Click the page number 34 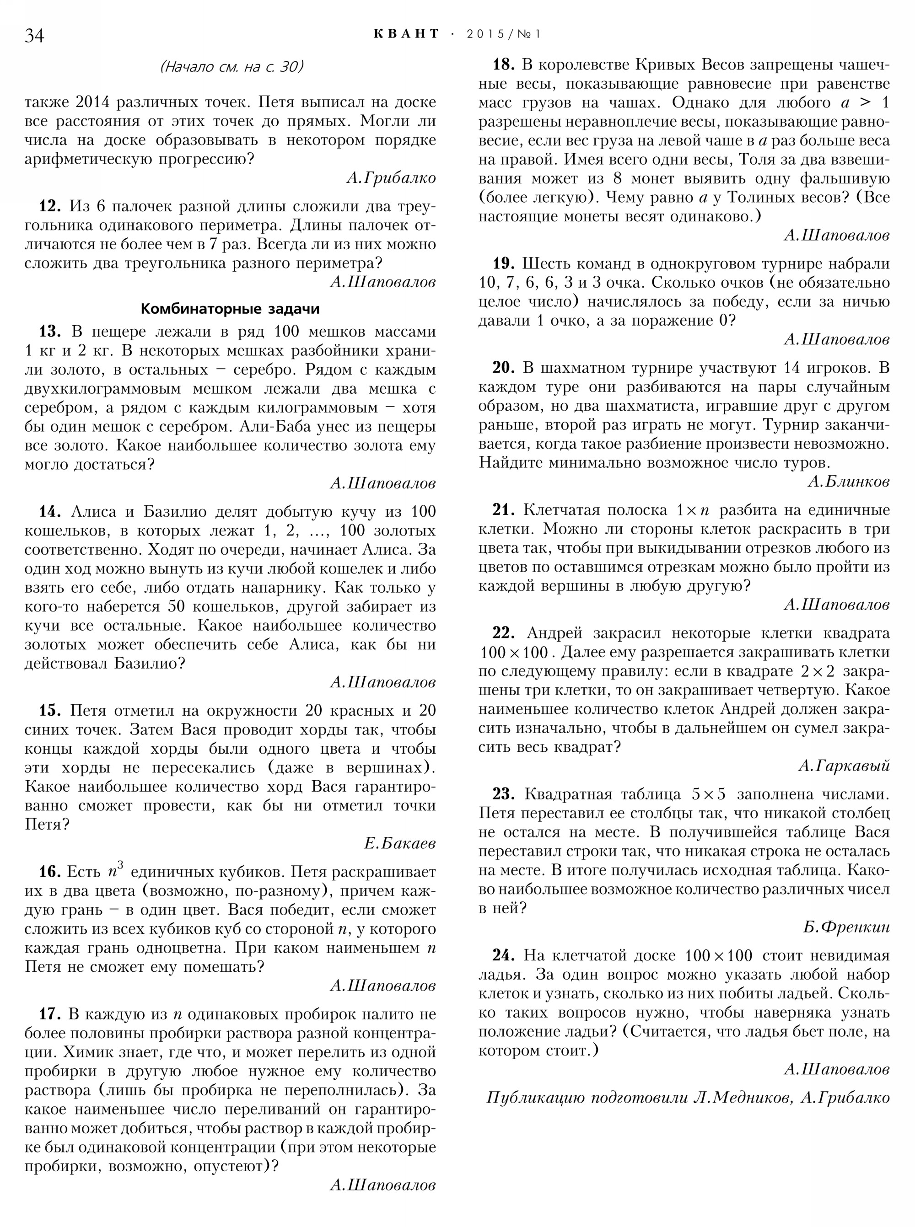click(34, 35)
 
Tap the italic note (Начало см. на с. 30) click(231, 67)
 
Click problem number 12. click(50, 206)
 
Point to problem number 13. click(50, 331)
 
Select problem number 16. click(50, 872)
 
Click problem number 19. click(504, 263)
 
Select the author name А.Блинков click(849, 482)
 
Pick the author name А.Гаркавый click(844, 766)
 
